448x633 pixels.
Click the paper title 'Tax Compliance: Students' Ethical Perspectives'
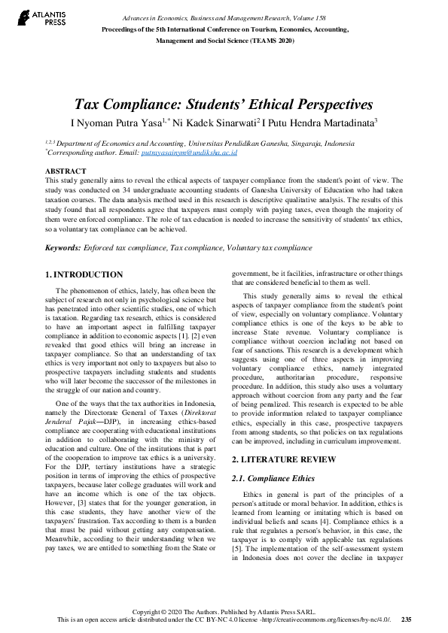click(x=223, y=104)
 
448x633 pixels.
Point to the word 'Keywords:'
click(x=62, y=247)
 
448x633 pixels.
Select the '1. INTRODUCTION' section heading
click(x=84, y=275)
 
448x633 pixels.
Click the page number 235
click(x=406, y=619)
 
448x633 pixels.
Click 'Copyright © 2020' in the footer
click(x=155, y=611)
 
